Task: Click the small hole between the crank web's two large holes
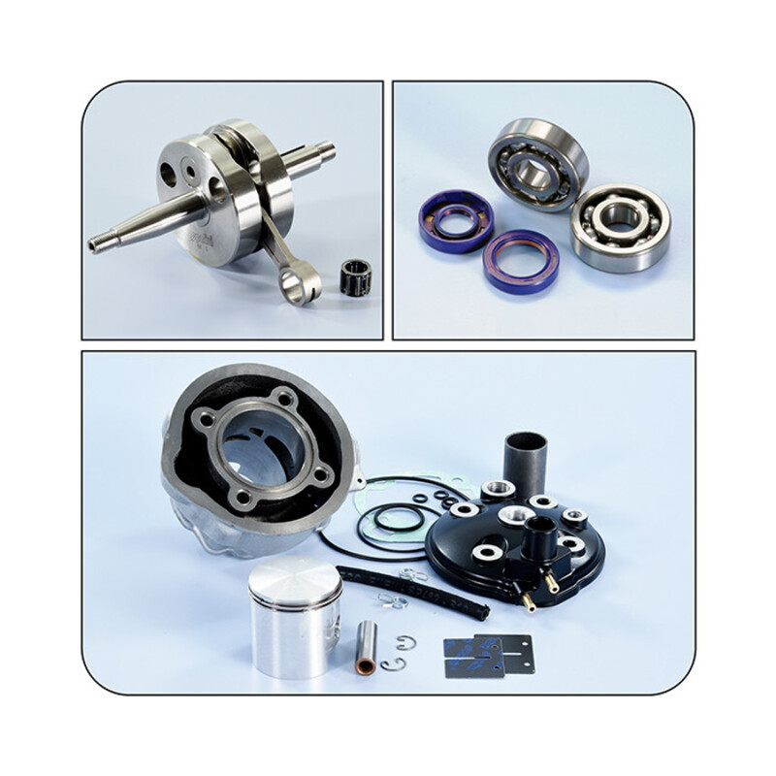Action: point(191,173)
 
